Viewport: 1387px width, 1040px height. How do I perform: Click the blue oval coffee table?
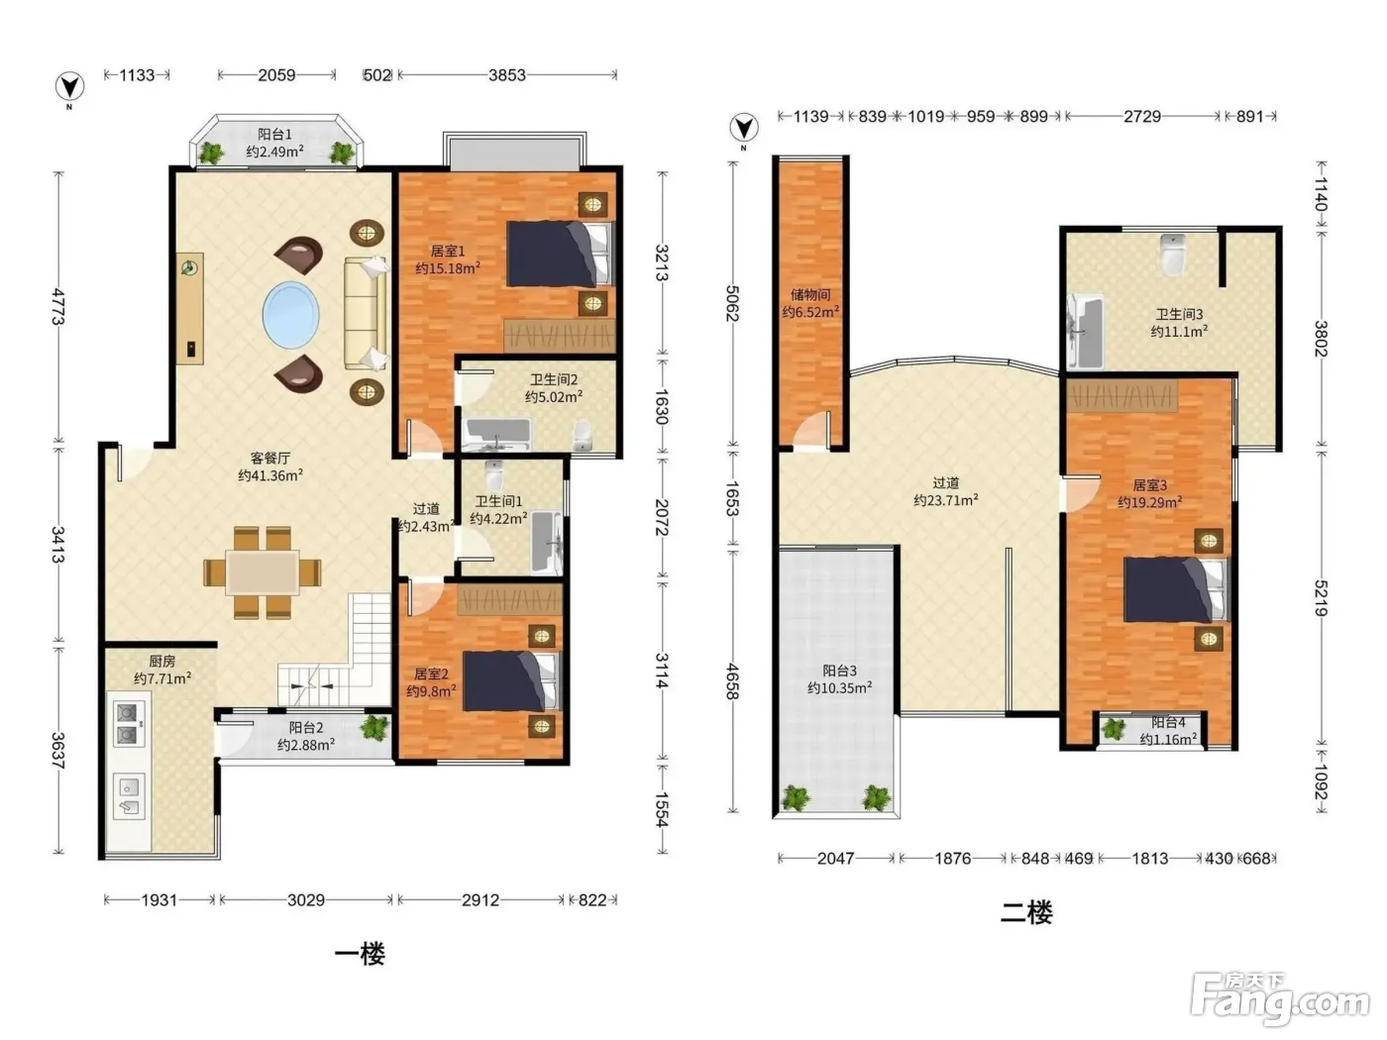290,314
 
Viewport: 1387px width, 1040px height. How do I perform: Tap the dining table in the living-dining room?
263,572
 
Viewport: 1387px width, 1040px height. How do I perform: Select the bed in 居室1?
560,254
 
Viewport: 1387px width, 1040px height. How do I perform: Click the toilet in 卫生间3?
1173,254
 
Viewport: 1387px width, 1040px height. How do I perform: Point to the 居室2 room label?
431,674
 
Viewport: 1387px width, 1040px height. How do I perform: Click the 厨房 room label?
161,661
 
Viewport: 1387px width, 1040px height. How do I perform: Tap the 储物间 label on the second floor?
810,294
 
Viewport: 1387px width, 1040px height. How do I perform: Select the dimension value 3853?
507,75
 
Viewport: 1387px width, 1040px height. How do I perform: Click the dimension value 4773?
58,306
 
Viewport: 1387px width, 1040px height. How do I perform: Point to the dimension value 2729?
1142,116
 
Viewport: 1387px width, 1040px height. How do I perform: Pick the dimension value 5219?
1321,597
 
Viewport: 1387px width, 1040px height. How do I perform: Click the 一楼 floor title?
360,954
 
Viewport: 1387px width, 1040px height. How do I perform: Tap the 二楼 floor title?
1026,912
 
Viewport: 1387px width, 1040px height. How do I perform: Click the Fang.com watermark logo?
1280,999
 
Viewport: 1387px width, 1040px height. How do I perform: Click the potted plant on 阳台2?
374,727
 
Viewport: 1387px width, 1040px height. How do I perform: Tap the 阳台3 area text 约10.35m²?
839,687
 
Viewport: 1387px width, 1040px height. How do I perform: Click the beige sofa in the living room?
366,313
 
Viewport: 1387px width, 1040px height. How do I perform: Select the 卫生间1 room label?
498,501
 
